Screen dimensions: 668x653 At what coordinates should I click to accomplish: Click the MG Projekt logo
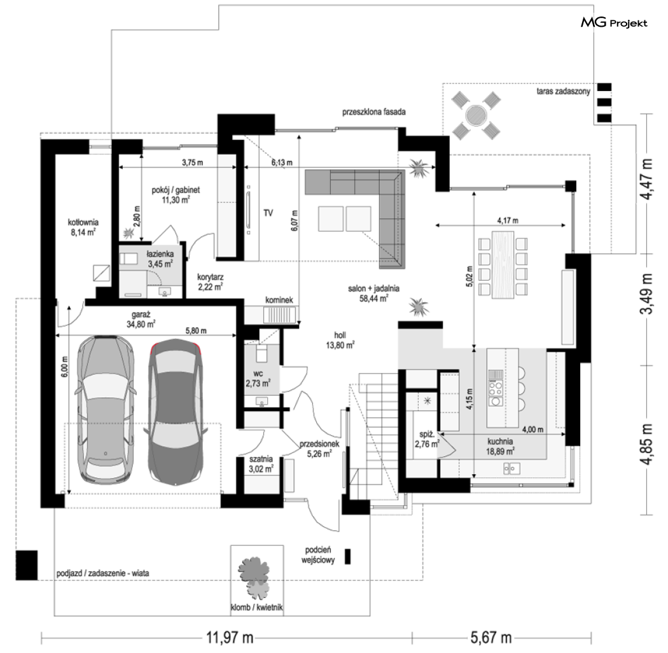coord(614,22)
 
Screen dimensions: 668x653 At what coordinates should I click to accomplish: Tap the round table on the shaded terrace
coord(475,115)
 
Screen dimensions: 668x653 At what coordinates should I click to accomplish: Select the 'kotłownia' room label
coord(83,222)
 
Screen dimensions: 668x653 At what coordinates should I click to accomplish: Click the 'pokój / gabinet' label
coord(176,190)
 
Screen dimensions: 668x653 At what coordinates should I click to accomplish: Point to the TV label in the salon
coord(268,213)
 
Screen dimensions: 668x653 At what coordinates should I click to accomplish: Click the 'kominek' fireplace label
coord(279,300)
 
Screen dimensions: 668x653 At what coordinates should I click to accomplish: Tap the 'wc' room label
coord(258,374)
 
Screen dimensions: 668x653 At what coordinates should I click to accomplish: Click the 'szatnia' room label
coord(261,459)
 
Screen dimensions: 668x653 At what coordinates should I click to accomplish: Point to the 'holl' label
coord(340,335)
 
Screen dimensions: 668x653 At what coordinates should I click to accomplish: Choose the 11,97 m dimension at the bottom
coord(230,638)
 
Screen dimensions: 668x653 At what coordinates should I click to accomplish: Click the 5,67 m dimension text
coord(491,638)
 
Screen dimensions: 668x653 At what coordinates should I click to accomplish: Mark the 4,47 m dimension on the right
coord(647,179)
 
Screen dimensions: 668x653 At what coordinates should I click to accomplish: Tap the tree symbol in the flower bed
coord(254,577)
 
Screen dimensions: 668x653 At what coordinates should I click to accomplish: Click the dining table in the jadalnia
coord(503,265)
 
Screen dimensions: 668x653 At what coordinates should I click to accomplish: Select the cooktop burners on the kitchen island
coord(496,387)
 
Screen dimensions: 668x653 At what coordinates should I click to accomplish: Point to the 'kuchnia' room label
coord(500,442)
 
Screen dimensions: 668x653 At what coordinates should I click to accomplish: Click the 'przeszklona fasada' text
coord(373,112)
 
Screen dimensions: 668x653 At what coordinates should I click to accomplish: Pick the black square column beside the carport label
coord(27,565)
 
